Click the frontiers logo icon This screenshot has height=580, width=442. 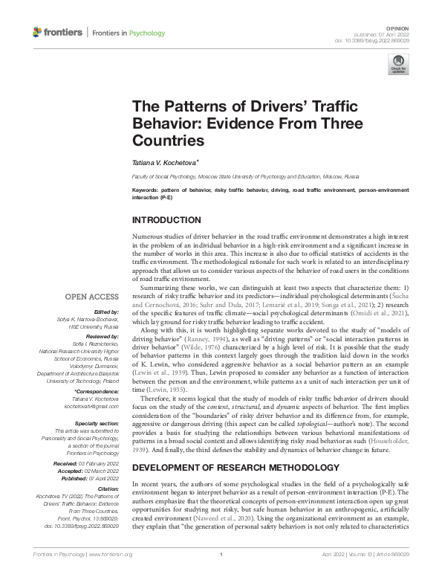[38, 33]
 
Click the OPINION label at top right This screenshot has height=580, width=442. [417, 28]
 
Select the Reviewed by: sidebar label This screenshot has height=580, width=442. [103, 335]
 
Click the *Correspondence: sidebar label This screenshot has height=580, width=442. [100, 390]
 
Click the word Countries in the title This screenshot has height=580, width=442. [167, 139]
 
